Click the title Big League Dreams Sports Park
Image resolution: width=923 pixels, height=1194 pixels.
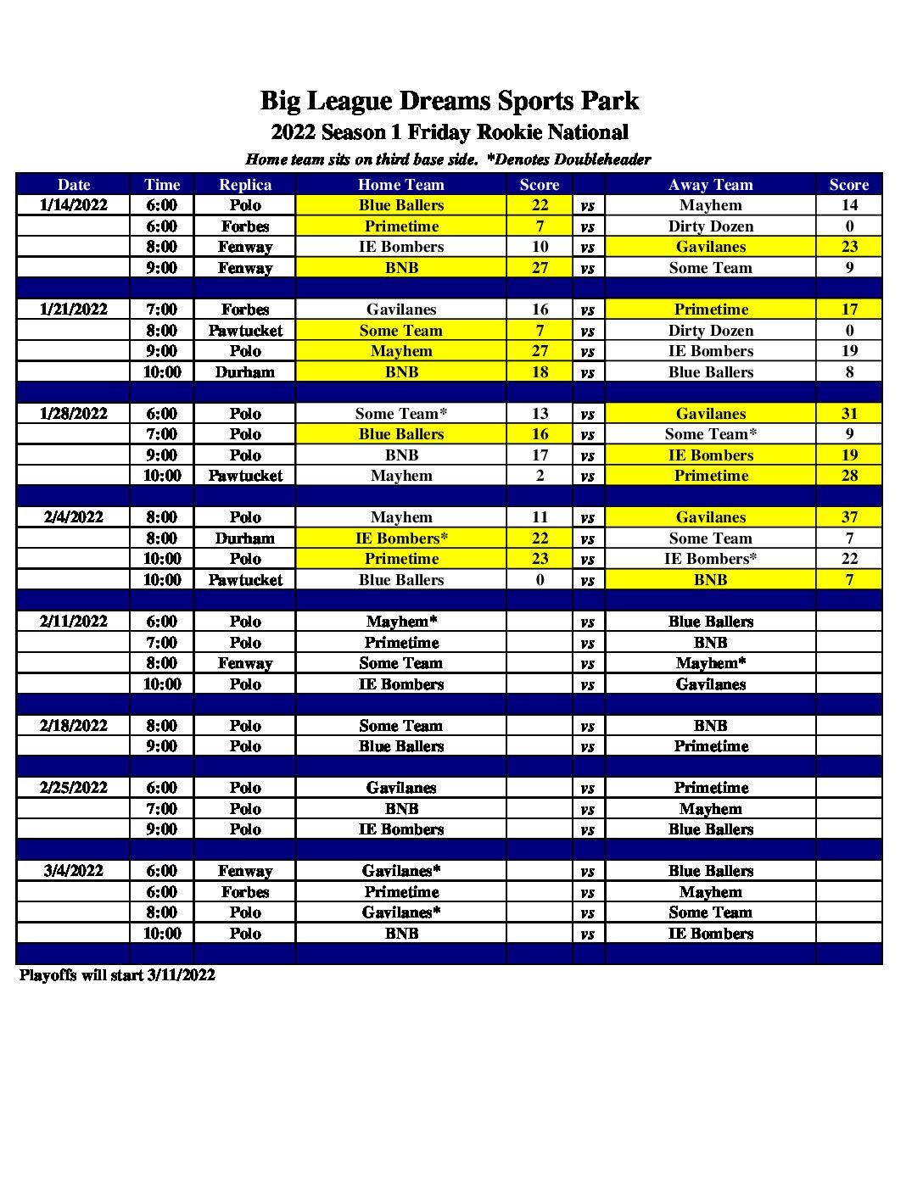coord(449,101)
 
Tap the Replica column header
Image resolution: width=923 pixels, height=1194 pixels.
coord(245,185)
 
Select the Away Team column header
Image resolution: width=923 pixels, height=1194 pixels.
coord(710,185)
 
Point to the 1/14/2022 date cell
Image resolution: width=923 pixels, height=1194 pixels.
coord(74,205)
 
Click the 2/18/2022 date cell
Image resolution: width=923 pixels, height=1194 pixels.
coord(74,726)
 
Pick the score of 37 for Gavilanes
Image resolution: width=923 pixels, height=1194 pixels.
coord(849,517)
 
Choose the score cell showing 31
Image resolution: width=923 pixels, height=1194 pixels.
coord(849,414)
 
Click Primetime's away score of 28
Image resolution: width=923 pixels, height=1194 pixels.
coord(849,476)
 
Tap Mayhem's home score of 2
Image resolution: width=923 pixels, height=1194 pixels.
coord(540,476)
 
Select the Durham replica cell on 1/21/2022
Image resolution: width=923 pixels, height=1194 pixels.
coord(245,372)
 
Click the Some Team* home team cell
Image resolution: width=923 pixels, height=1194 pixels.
coord(401,414)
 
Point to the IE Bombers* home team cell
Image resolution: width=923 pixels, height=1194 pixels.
coord(401,538)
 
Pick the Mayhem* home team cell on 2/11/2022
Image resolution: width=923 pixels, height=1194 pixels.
coord(401,622)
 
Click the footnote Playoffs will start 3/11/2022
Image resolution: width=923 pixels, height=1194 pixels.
coord(117,975)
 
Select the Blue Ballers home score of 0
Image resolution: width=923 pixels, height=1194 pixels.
coord(540,580)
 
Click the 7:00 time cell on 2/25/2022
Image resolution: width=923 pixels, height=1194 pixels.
coord(162,809)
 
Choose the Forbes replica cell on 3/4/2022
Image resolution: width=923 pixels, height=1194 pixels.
coord(245,892)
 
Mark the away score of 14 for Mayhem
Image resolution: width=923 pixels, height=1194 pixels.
coord(849,205)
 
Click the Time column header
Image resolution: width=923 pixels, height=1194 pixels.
coord(162,185)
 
